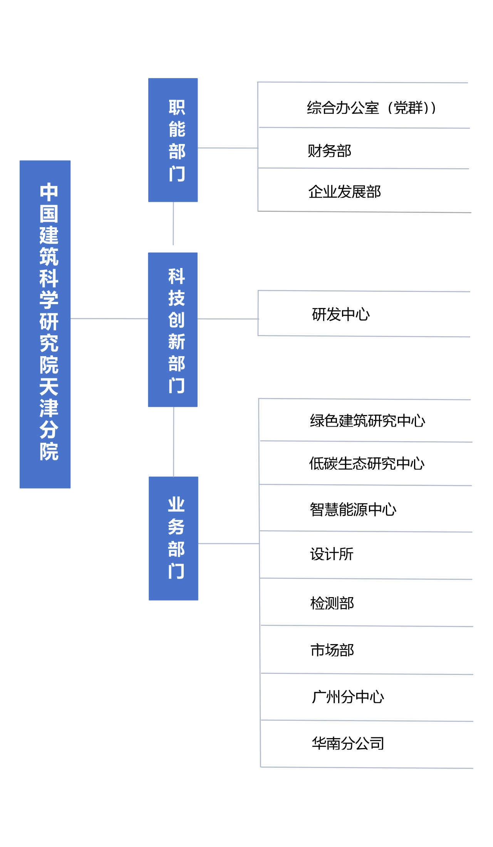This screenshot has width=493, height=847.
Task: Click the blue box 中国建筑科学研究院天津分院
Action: pyautogui.click(x=45, y=324)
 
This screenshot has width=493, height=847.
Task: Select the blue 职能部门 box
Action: pyautogui.click(x=173, y=140)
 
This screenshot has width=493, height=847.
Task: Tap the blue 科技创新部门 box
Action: pyautogui.click(x=173, y=330)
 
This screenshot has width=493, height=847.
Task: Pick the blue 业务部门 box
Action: pyautogui.click(x=173, y=538)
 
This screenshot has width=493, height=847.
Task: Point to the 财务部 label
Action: pyautogui.click(x=329, y=151)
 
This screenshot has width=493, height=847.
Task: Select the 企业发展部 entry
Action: pyautogui.click(x=344, y=192)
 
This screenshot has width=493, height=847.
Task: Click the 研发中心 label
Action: pyautogui.click(x=341, y=315)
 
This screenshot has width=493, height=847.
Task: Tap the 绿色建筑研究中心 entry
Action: pyautogui.click(x=367, y=420)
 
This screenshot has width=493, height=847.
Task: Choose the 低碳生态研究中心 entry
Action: pyautogui.click(x=367, y=464)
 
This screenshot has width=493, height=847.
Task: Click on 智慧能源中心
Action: pyautogui.click(x=353, y=509)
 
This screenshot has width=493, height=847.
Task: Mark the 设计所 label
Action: pyautogui.click(x=332, y=554)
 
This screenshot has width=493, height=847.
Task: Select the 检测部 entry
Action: pyautogui.click(x=332, y=603)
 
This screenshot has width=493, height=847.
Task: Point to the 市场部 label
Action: pyautogui.click(x=332, y=650)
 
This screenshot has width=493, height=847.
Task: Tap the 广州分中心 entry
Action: pyautogui.click(x=348, y=697)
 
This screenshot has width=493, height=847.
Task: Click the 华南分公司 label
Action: pyautogui.click(x=348, y=743)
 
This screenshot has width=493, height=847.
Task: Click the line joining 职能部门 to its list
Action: pyautogui.click(x=228, y=148)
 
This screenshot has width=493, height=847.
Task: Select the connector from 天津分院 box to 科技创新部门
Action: pyautogui.click(x=109, y=318)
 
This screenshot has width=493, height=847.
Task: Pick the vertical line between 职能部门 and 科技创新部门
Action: pyautogui.click(x=173, y=224)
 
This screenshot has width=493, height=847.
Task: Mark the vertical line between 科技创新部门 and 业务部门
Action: pyautogui.click(x=174, y=442)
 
